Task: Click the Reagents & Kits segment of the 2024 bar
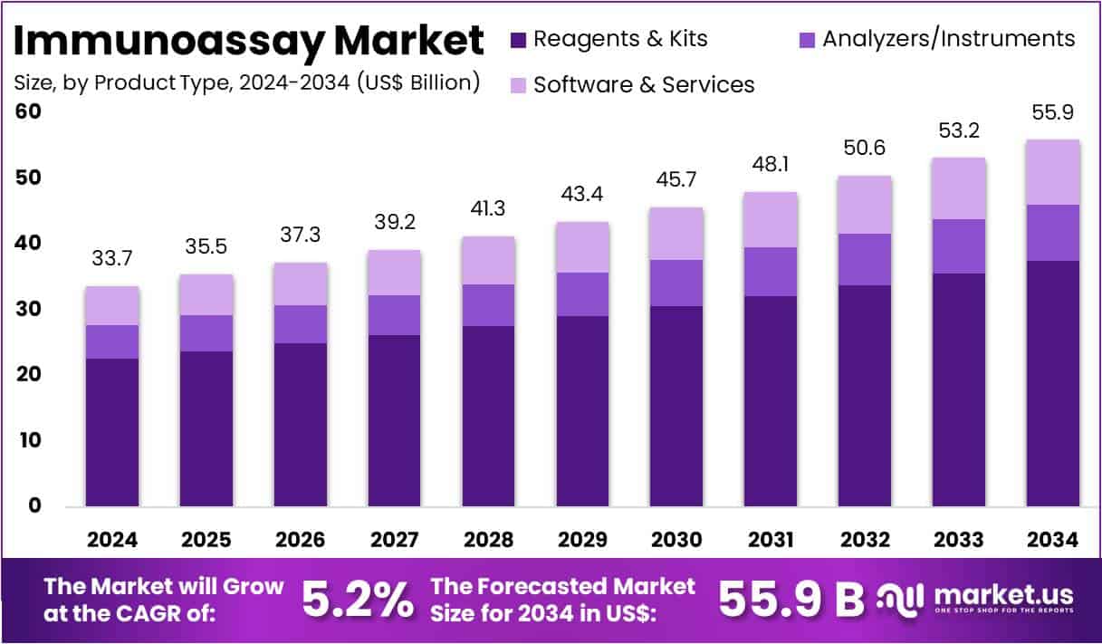point(112,432)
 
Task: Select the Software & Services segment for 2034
point(1053,172)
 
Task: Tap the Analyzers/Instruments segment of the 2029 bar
point(582,294)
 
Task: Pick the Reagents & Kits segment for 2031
point(771,400)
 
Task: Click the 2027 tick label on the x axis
point(394,540)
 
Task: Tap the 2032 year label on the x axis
point(865,540)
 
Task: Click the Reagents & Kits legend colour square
point(518,40)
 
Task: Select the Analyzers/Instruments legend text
point(948,39)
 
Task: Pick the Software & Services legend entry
point(643,84)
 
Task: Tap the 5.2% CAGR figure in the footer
point(357,599)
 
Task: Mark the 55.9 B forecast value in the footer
point(791,599)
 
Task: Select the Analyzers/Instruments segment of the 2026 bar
point(301,324)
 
